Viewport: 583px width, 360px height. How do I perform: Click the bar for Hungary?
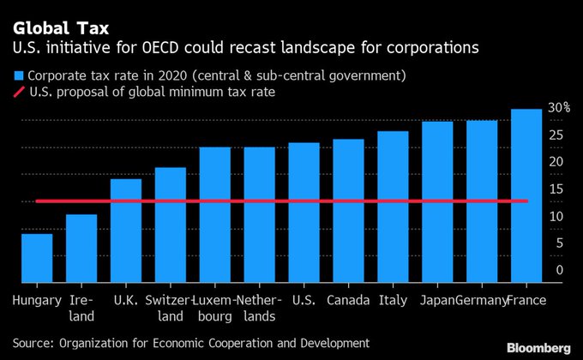37,257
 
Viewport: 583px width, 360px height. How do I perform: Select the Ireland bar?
81,248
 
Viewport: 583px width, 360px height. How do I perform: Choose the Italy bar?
393,207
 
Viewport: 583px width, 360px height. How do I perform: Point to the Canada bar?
348,210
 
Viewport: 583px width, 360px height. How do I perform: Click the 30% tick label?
559,108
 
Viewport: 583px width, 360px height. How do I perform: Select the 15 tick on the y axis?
557,189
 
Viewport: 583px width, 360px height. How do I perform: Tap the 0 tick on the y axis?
559,270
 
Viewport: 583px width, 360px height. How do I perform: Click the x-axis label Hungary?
38,301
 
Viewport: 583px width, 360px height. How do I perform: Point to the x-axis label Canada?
349,301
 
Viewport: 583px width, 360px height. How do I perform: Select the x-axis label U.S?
304,301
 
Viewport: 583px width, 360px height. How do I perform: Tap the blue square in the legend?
18,75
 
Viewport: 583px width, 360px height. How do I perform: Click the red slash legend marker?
18,93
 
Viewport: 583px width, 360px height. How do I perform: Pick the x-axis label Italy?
393,301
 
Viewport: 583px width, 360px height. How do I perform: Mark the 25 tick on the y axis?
557,135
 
